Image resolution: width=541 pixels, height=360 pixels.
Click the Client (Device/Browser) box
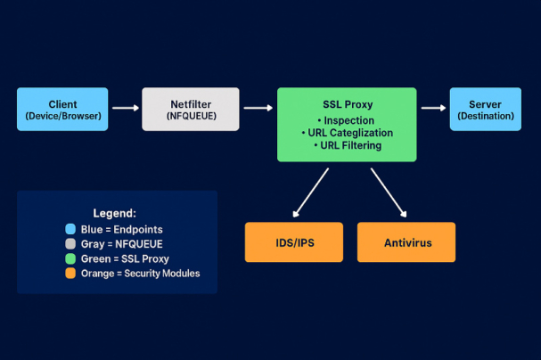tap(62, 109)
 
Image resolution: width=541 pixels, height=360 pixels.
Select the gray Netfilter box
tap(191, 109)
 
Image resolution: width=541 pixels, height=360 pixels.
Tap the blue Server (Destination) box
tap(485, 109)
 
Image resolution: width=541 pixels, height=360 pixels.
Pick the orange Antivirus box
tap(406, 242)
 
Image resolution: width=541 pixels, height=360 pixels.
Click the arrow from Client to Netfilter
tap(125, 109)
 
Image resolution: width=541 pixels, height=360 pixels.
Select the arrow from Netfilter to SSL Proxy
tap(258, 109)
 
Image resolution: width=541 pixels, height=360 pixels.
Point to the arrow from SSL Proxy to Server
tap(433, 109)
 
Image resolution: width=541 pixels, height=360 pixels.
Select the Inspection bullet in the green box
tap(346, 120)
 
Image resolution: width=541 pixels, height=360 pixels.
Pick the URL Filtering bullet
tap(346, 145)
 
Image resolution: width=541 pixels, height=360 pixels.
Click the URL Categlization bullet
tap(346, 133)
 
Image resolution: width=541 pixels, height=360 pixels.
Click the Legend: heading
tap(115, 214)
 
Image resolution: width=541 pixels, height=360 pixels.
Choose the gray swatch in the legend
tap(69, 244)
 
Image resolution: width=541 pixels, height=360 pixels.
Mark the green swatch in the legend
tap(69, 258)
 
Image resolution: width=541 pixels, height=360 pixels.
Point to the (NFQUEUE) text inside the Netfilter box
tap(191, 116)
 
